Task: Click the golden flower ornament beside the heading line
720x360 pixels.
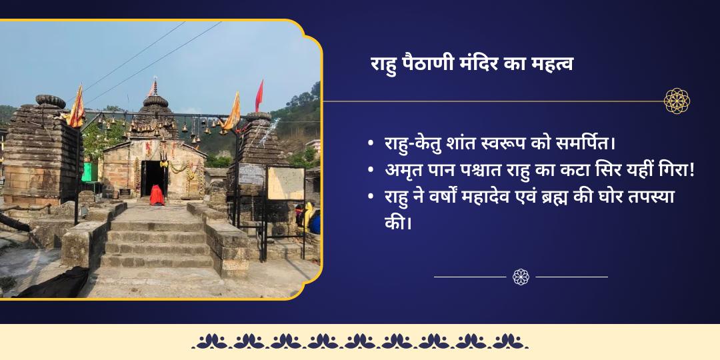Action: click(x=677, y=101)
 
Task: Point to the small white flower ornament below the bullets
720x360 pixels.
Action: click(x=521, y=277)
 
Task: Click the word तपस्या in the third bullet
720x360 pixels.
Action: click(x=647, y=198)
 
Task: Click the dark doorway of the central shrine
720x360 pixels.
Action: click(x=154, y=175)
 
